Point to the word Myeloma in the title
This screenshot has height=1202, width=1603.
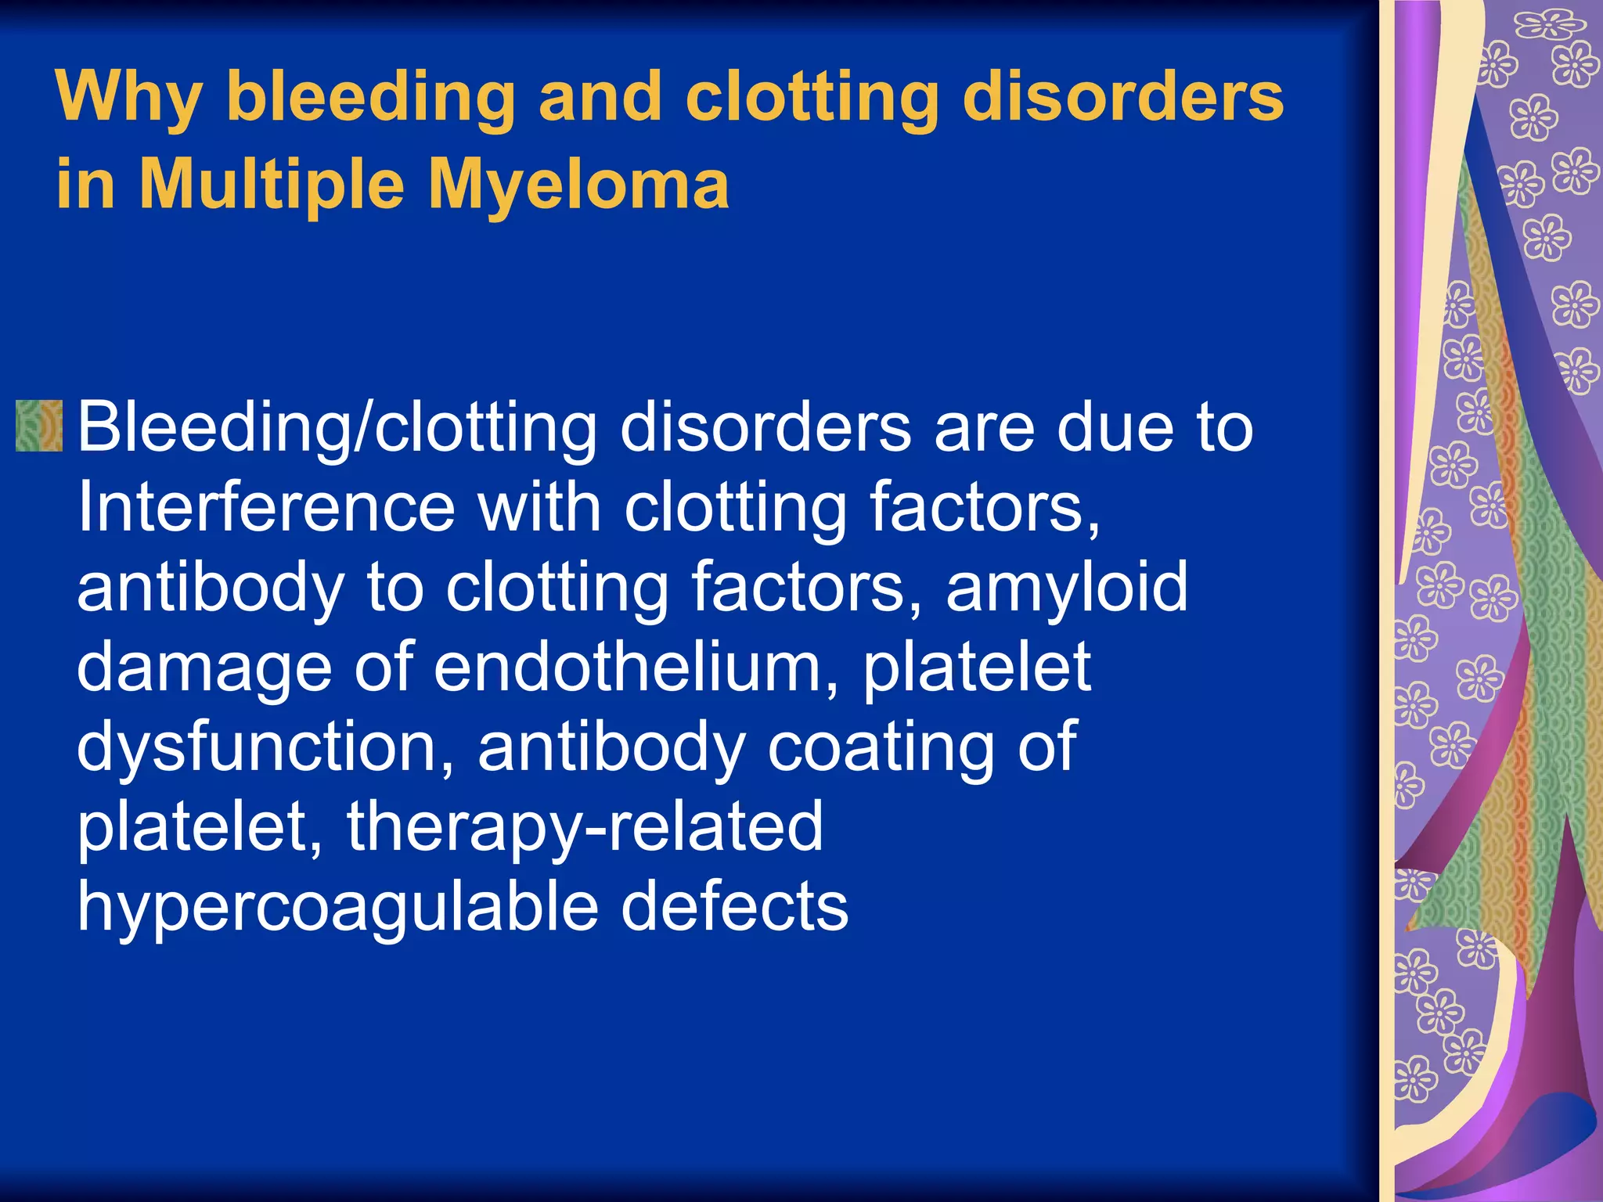578,186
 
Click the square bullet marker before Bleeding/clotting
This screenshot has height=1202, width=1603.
38,426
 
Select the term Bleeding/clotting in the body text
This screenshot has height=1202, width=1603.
337,428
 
